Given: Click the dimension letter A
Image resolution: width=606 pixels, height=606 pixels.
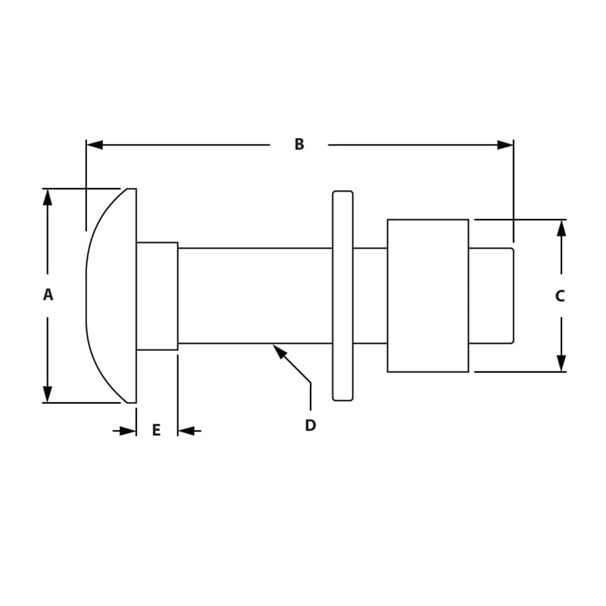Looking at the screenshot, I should [48, 295].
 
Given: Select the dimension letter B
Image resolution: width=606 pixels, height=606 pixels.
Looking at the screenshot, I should [299, 144].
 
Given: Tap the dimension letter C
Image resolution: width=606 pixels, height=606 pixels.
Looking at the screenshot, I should [560, 296].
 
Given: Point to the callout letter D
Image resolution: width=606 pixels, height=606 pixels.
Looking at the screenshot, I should [310, 426].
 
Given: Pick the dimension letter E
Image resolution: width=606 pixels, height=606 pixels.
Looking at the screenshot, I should [156, 430].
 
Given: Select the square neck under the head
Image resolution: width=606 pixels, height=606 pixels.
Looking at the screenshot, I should [157, 296].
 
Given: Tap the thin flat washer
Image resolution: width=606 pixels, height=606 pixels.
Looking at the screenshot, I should [342, 295].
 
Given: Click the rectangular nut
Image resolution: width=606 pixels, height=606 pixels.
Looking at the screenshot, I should [427, 295].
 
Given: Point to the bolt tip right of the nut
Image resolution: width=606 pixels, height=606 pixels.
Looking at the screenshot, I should [491, 295].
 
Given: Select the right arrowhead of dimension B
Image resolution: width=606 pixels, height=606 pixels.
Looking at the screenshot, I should [505, 145].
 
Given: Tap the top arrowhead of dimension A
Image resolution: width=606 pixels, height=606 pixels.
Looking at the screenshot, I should [48, 197].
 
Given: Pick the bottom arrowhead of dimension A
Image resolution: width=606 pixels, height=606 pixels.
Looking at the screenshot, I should [48, 394].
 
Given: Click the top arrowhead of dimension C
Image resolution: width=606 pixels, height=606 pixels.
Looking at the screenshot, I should [561, 228].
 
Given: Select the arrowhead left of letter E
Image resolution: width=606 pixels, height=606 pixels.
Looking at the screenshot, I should [128, 431].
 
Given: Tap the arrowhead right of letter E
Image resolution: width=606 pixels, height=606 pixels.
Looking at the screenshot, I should [186, 431].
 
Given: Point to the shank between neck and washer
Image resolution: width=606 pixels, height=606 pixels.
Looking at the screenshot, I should [255, 295].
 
